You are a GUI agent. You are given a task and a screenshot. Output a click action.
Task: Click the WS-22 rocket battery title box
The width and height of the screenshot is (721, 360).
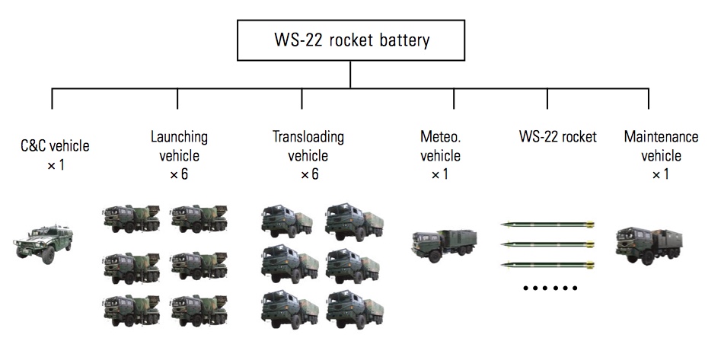pos(350,40)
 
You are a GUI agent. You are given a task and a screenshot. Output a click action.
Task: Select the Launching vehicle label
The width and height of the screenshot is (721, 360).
pos(179,146)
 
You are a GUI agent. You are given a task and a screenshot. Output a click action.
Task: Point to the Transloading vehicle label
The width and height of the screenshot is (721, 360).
pos(308,146)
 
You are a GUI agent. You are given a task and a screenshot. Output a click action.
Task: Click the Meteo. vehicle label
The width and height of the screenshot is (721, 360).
pos(440,146)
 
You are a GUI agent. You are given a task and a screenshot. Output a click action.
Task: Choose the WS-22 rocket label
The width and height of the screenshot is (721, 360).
pos(558,138)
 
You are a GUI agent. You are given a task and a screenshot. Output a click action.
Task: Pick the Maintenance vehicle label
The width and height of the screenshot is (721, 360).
pos(660,146)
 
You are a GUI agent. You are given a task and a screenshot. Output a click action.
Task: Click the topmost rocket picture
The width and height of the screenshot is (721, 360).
pos(547,224)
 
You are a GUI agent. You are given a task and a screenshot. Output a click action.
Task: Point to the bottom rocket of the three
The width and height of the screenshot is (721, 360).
pos(547,264)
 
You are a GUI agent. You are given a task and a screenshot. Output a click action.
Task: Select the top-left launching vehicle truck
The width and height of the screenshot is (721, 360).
pos(131,219)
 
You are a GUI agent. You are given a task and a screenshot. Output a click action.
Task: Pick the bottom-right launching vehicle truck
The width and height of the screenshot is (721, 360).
pos(199,308)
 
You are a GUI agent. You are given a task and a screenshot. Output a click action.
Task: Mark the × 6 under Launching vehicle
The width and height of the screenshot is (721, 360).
pos(179,174)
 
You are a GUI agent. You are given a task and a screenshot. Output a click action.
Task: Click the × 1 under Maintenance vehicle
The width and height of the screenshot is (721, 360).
pos(660,174)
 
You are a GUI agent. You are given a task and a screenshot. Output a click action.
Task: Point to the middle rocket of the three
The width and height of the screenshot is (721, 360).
pos(547,244)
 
